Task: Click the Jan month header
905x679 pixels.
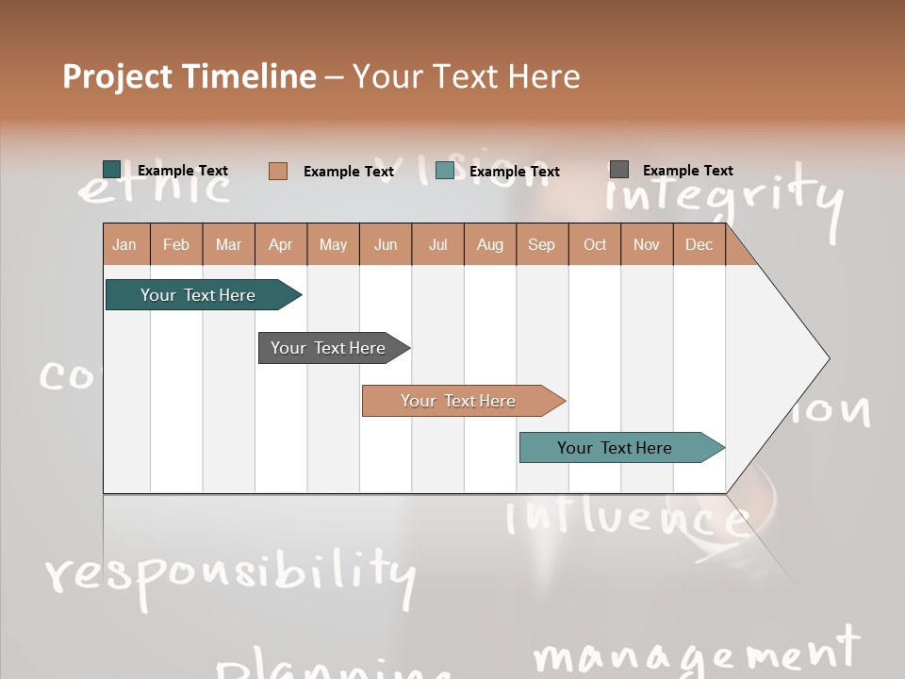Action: tap(125, 244)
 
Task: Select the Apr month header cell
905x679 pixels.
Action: tap(281, 244)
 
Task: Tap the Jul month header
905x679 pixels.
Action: tap(437, 244)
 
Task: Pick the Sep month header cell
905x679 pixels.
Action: tap(541, 244)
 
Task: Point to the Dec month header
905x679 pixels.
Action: tap(699, 244)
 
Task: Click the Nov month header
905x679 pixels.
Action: tap(646, 244)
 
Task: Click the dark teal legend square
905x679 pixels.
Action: tap(112, 170)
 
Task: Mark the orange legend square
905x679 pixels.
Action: tap(278, 171)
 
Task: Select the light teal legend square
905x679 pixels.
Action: tap(445, 171)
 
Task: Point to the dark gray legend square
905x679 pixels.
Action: tap(619, 170)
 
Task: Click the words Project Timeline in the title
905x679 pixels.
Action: tap(189, 76)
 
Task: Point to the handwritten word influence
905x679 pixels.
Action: tap(627, 518)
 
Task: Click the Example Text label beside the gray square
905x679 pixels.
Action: tap(687, 171)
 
